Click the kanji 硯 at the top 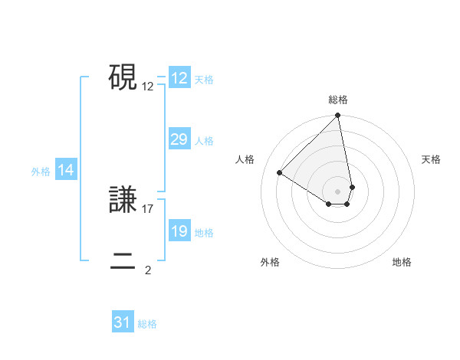[x=123, y=77]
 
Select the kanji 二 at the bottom [x=123, y=262]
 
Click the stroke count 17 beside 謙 [x=148, y=209]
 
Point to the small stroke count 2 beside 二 [x=148, y=270]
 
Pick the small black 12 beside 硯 [x=148, y=86]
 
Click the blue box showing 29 [x=179, y=139]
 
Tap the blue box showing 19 [x=179, y=231]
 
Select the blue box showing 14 [x=66, y=171]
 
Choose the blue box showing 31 [x=122, y=322]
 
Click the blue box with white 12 [x=179, y=78]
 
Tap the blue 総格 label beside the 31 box [x=147, y=324]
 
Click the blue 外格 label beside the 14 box [x=41, y=172]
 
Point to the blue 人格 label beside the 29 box [x=204, y=141]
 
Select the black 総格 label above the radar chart [x=338, y=100]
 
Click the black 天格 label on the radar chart [x=432, y=159]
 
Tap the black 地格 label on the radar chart [x=402, y=262]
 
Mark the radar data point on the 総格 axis [x=338, y=116]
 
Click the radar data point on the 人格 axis [x=280, y=172]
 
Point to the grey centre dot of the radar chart [x=338, y=191]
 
